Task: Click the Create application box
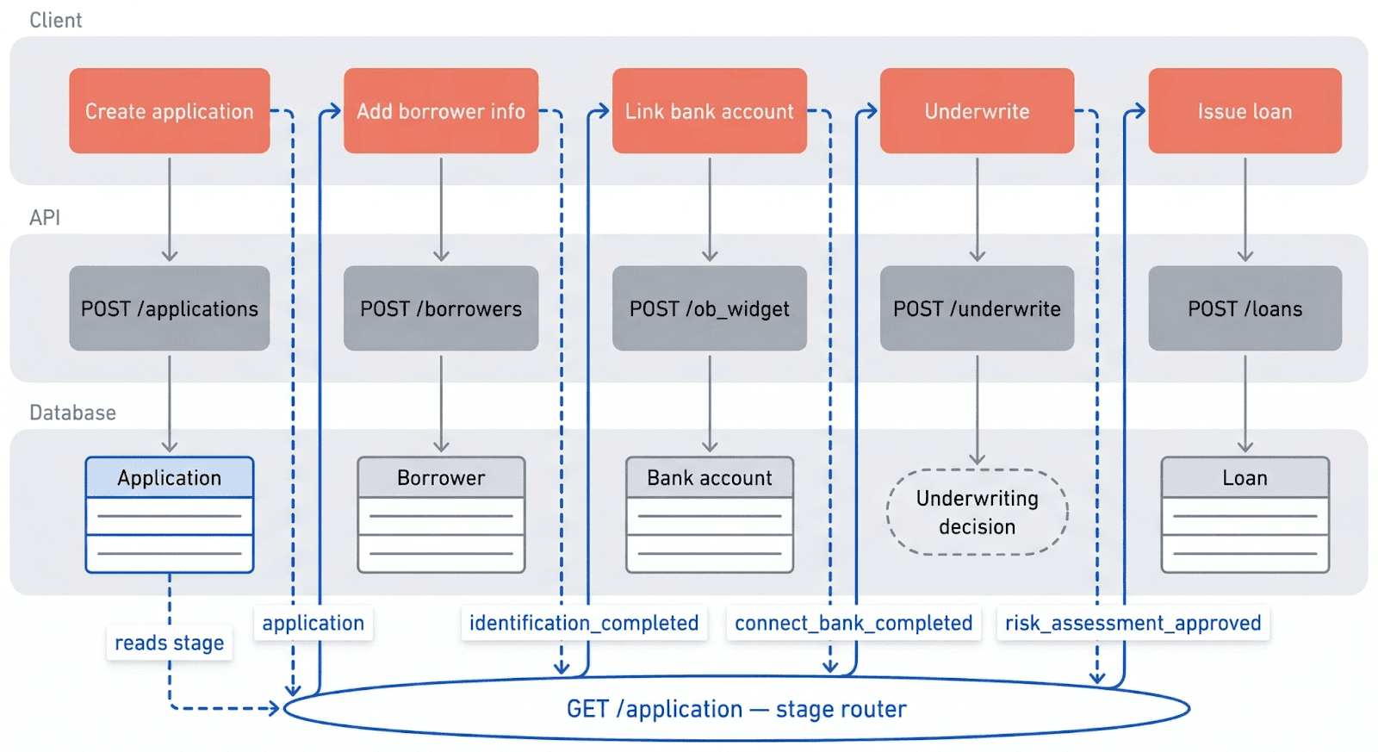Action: (x=170, y=111)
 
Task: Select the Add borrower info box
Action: (x=441, y=111)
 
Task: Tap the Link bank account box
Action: (x=710, y=111)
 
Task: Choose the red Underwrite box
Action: (x=977, y=111)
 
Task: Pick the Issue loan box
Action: (x=1245, y=111)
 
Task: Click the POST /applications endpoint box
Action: (x=170, y=308)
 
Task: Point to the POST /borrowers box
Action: (x=441, y=308)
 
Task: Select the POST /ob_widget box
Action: (x=710, y=308)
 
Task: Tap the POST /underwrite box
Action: (x=977, y=308)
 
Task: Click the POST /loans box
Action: (x=1245, y=308)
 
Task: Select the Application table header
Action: (x=170, y=478)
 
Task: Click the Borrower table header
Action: (x=441, y=478)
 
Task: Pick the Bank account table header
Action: (x=710, y=478)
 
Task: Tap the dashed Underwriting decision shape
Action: (x=977, y=513)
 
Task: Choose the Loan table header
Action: (x=1245, y=478)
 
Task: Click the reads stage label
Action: (x=170, y=643)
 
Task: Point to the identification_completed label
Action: (x=584, y=623)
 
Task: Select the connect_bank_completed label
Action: (x=853, y=623)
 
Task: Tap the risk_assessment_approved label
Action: (x=1133, y=623)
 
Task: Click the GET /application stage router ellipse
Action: (x=736, y=709)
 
